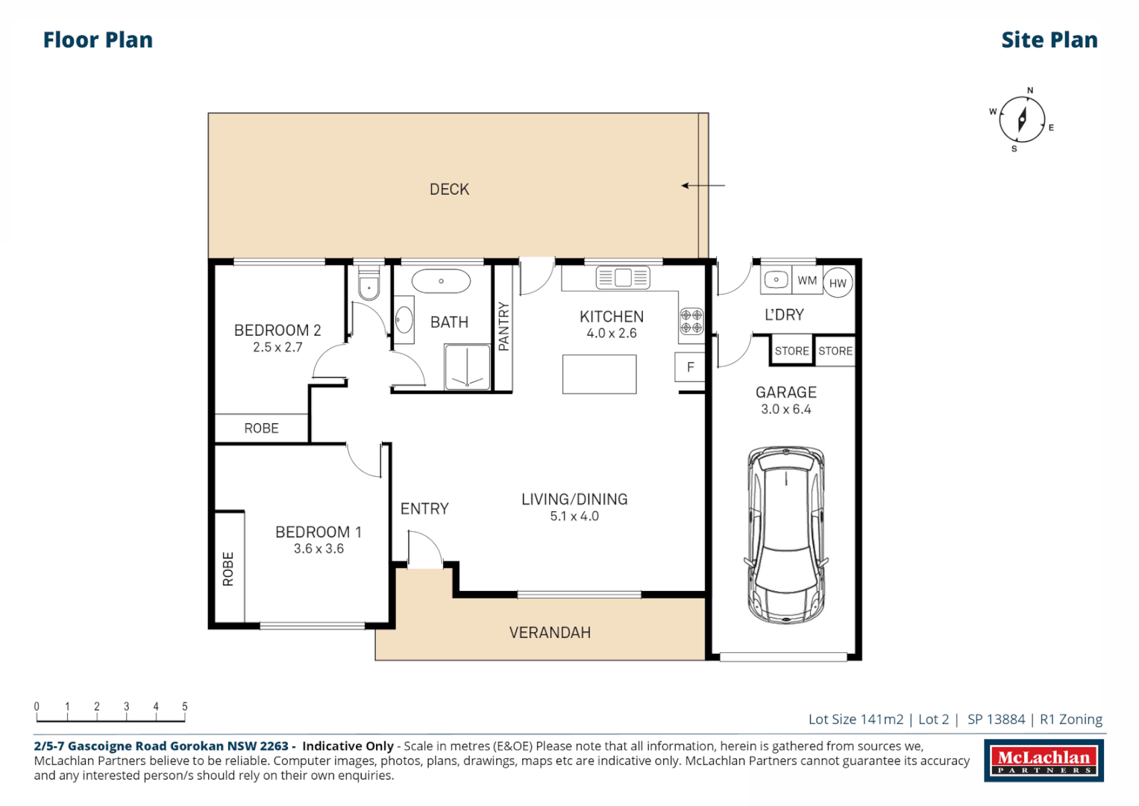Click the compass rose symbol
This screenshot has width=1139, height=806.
coord(1021,119)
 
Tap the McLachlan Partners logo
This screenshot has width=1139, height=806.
coord(1044,760)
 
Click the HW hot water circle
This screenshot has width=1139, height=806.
coord(838,283)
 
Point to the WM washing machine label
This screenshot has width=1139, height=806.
coord(807,281)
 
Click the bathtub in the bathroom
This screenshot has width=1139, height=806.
coord(441,281)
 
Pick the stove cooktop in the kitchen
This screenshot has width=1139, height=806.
coord(691,321)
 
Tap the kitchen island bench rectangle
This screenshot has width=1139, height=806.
coord(599,374)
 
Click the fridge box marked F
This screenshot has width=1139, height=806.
coord(690,366)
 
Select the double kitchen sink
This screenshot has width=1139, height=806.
coord(623,278)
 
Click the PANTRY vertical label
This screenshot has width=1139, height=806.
coord(503,326)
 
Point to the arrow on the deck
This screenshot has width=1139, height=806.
coord(702,185)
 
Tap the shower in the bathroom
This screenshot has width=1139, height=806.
coord(468,367)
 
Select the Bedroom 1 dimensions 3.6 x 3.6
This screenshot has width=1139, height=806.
coord(319,549)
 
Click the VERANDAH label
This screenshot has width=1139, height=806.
coord(550,632)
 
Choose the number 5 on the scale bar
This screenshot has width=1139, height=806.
coord(184,706)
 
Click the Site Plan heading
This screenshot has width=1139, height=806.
coord(1049,40)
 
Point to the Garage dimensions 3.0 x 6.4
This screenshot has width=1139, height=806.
coord(785,409)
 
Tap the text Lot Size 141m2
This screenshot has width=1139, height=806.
coord(855,719)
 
